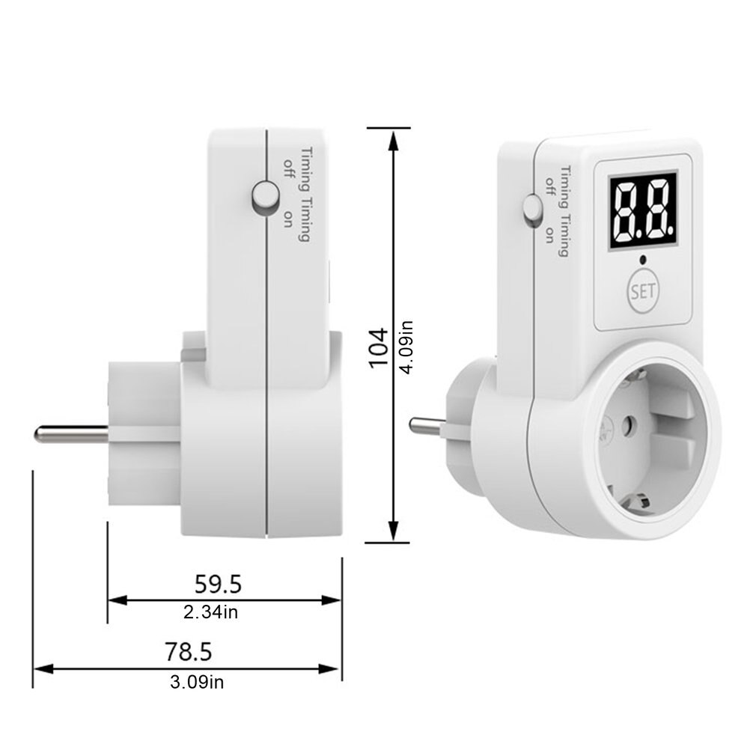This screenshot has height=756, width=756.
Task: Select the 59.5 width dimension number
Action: (218, 582)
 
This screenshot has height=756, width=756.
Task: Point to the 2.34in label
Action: (211, 612)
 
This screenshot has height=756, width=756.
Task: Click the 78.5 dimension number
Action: (189, 651)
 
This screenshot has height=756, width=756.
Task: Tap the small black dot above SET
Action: (642, 260)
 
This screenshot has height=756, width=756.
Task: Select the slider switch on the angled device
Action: (531, 209)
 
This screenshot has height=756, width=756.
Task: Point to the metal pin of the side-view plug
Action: (71, 432)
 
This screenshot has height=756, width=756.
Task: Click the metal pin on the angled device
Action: (427, 427)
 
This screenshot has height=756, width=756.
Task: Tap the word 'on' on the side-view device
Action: (288, 218)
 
